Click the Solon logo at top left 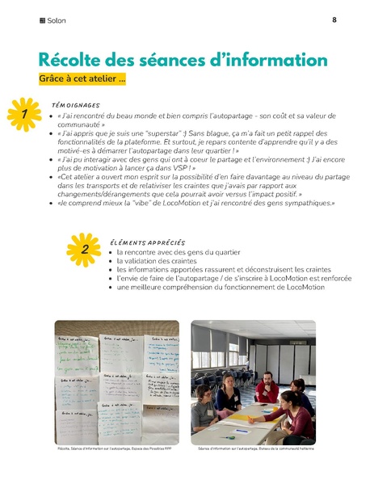pyautogui.click(x=54, y=20)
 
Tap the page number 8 pyautogui.click(x=334, y=20)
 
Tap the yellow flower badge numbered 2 pyautogui.click(x=83, y=248)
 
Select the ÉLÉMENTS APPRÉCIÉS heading pyautogui.click(x=147, y=242)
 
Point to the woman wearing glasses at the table pyautogui.click(x=227, y=390)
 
